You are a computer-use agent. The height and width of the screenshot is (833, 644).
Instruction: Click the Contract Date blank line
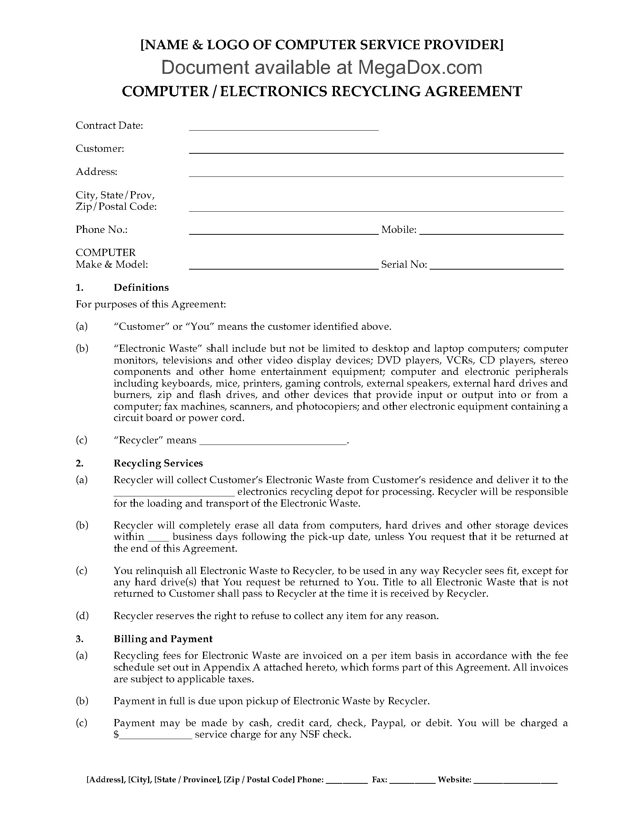point(283,128)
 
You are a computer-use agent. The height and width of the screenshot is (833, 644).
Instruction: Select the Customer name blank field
point(376,151)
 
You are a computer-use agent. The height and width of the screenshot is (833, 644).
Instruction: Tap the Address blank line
point(376,174)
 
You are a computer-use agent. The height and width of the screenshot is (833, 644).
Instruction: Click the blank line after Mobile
point(491,231)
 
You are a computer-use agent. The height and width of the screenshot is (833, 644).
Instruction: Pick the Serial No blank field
point(496,267)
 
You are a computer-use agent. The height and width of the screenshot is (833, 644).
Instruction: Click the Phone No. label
point(102,229)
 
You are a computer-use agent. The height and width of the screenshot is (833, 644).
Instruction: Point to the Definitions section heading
point(141,288)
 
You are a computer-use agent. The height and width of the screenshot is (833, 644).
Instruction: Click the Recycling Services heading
point(158,463)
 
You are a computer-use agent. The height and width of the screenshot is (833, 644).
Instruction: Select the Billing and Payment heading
point(163,639)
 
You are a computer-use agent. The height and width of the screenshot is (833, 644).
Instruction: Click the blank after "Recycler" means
point(273,441)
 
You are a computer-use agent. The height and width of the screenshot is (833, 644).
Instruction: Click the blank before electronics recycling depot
point(174,493)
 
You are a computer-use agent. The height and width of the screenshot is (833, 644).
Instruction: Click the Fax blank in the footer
point(414,780)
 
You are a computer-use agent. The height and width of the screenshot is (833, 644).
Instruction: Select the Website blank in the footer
point(517,780)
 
